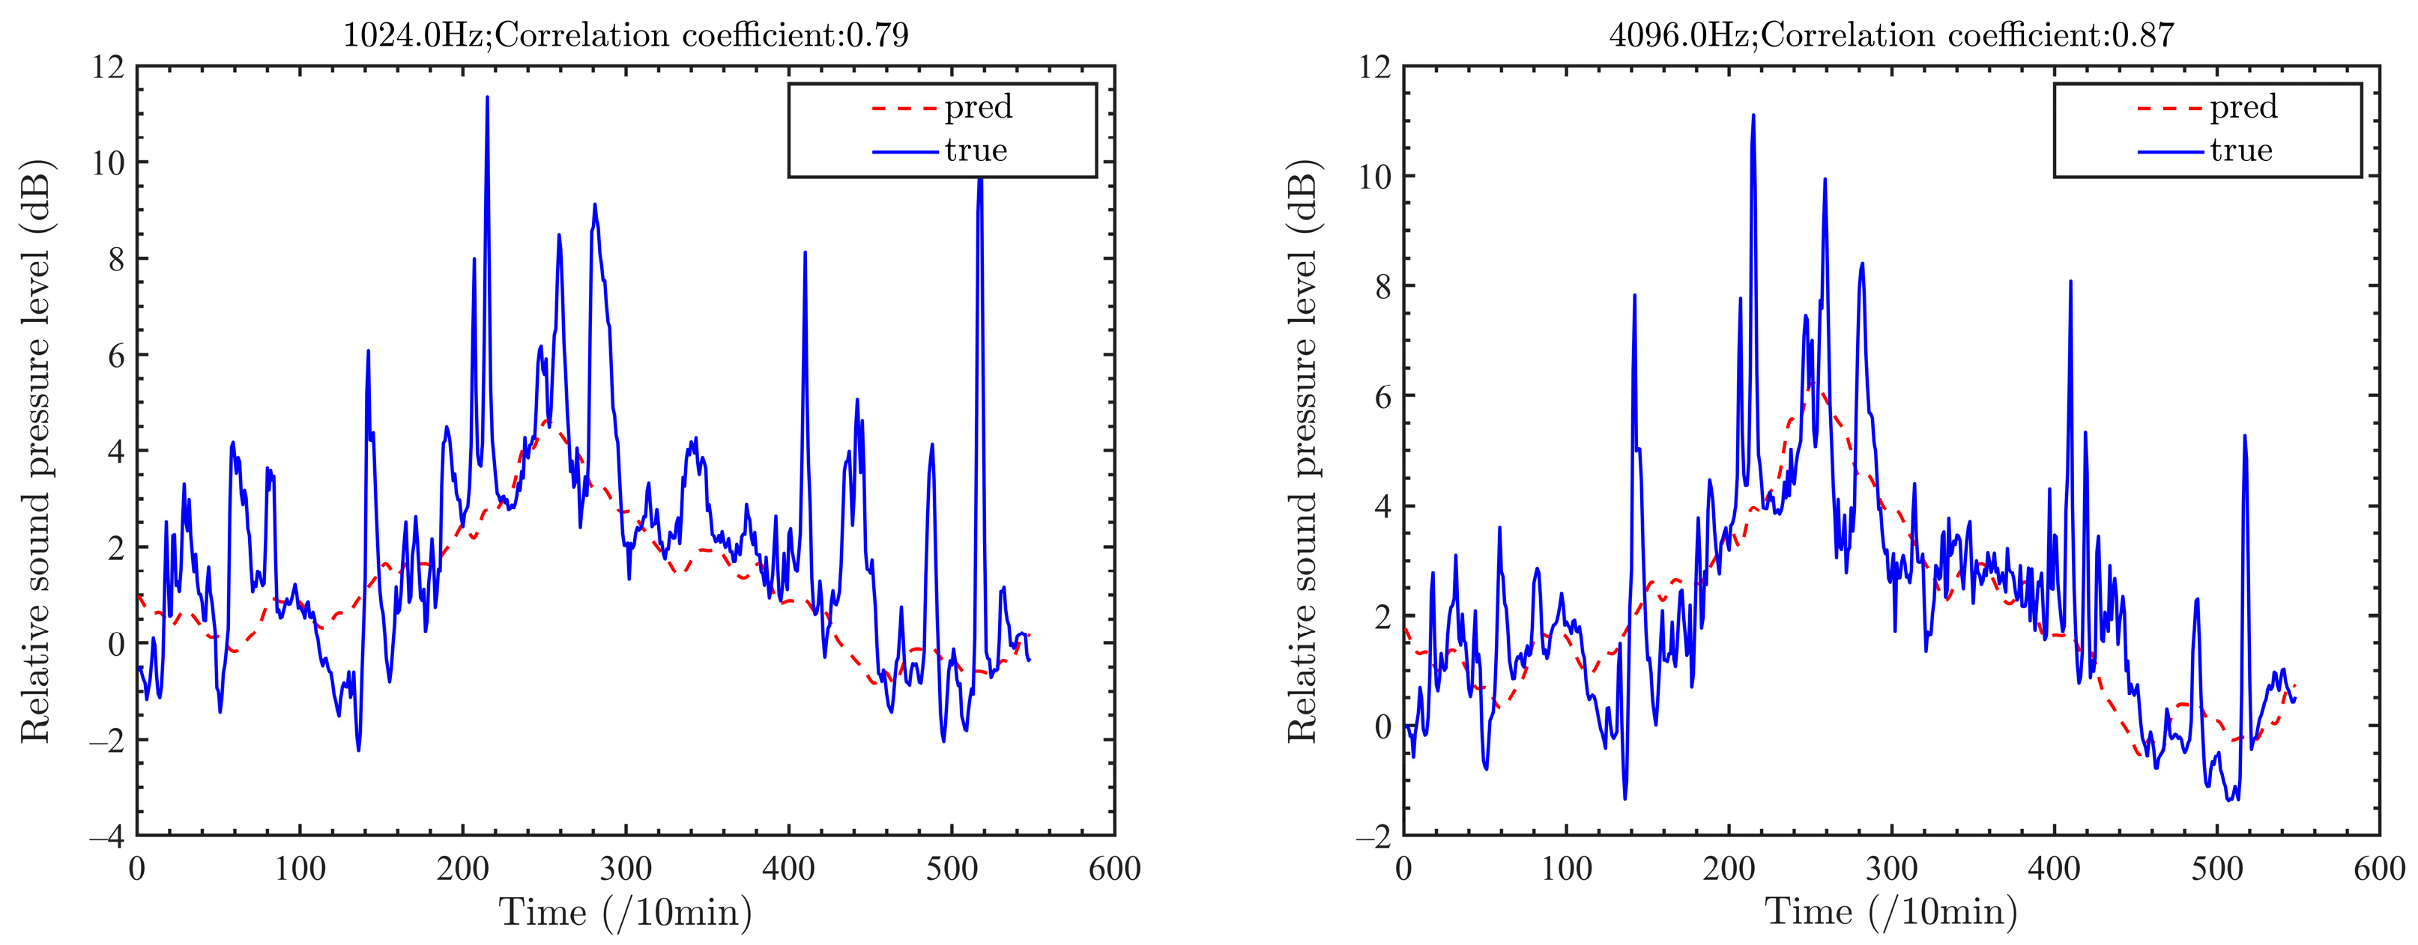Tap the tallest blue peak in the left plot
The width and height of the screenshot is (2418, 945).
pos(487,97)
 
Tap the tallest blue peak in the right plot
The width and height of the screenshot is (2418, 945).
pos(1753,115)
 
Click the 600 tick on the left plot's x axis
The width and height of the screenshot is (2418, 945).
pos(1114,869)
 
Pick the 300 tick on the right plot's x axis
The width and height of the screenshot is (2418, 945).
pos(1891,869)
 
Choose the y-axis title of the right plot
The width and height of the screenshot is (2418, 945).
pos(1303,451)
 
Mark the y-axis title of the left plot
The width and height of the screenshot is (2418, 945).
pos(36,451)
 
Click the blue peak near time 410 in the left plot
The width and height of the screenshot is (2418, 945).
pos(806,252)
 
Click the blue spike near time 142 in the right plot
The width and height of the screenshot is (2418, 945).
pos(1634,296)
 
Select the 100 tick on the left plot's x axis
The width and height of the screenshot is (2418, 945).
pos(300,869)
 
